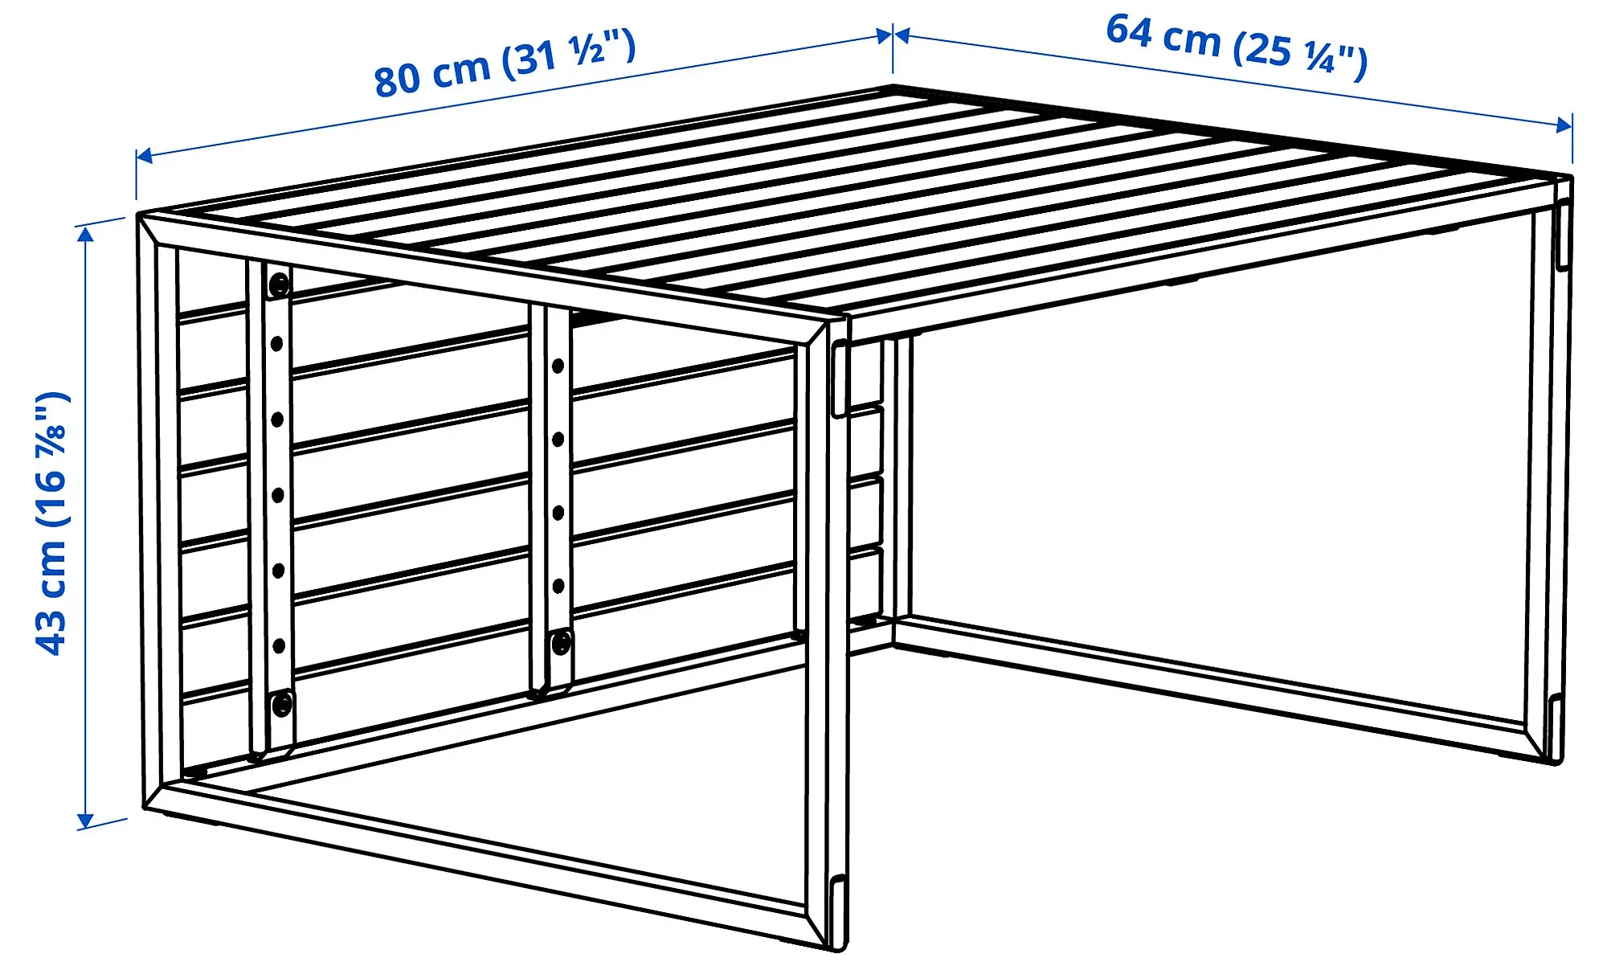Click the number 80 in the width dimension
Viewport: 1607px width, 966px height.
397,79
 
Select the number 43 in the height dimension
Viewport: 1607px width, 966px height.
51,632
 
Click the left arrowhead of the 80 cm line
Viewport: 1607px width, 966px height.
144,156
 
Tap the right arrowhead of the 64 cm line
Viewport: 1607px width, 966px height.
1564,125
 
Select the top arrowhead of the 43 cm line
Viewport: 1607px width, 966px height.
85,234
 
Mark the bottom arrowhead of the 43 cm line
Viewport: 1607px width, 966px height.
85,821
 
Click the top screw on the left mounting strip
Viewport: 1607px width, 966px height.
279,284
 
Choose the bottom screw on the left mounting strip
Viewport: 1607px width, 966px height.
281,705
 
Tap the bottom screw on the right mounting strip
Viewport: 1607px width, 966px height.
560,642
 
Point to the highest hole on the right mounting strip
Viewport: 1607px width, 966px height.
558,366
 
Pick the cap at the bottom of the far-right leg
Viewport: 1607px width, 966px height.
1556,728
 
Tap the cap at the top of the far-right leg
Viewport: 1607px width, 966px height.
1562,235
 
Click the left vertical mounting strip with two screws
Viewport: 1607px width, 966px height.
271,506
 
